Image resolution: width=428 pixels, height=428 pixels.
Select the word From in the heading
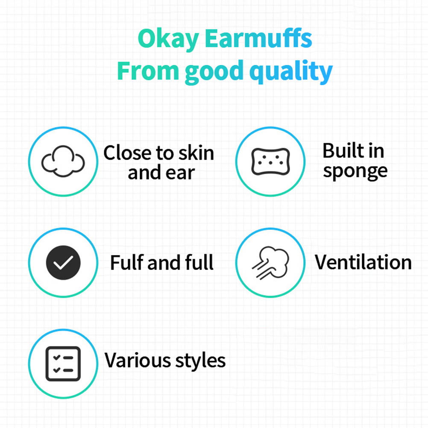(x=148, y=70)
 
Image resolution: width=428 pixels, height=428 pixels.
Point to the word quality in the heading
(x=291, y=72)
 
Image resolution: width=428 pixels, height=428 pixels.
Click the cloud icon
(x=63, y=161)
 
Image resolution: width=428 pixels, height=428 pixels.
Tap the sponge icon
(x=270, y=161)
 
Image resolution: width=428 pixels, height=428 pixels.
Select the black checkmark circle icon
(x=63, y=263)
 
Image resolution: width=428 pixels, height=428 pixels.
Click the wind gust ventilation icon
(x=270, y=263)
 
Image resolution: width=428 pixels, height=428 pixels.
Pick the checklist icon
(x=63, y=364)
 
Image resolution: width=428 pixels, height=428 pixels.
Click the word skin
(x=196, y=153)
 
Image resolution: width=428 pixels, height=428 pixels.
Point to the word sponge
(x=355, y=172)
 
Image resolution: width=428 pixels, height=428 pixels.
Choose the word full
(x=199, y=262)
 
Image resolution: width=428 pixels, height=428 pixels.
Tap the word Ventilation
(x=364, y=262)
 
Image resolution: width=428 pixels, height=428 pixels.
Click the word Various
(x=138, y=361)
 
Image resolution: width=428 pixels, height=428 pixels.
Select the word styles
(x=200, y=361)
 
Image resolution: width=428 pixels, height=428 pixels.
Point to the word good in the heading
(x=214, y=72)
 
